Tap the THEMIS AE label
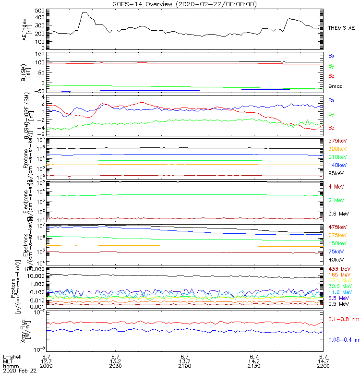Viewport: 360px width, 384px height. pos(342,28)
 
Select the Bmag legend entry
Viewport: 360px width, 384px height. pos(336,86)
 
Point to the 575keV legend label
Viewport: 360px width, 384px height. pos(337,141)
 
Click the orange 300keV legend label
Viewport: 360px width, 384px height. pos(337,149)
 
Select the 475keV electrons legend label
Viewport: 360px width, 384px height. pos(337,227)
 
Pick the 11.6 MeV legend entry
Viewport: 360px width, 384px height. pos(338,292)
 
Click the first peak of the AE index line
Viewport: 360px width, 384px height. pos(84,13)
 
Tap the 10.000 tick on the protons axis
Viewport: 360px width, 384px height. pos(33,276)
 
